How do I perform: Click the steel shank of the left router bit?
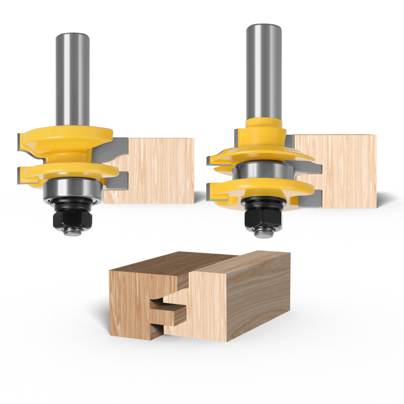tap(72, 81)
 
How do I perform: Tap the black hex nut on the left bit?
tap(73, 218)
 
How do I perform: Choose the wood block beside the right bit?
tap(339, 170)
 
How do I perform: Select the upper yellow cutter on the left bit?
tap(65, 139)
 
